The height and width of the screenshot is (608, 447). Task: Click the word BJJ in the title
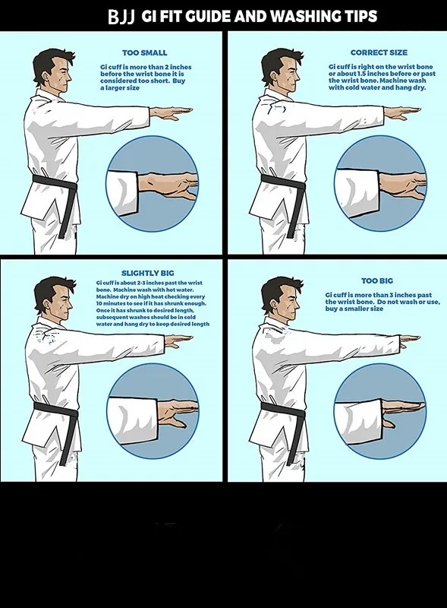121,17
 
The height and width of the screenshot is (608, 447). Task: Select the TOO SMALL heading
144,52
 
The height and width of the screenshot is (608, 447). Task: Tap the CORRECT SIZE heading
379,52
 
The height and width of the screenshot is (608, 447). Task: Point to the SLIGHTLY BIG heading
147,273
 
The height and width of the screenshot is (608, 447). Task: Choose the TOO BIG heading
377,280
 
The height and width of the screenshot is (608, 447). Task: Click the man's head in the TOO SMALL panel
54,71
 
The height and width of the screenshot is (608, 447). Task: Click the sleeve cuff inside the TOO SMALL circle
123,192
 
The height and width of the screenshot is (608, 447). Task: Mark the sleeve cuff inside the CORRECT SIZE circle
357,193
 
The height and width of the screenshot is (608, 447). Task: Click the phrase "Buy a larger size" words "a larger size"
120,88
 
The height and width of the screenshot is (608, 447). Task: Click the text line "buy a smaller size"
354,309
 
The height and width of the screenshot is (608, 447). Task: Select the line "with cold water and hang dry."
377,87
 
